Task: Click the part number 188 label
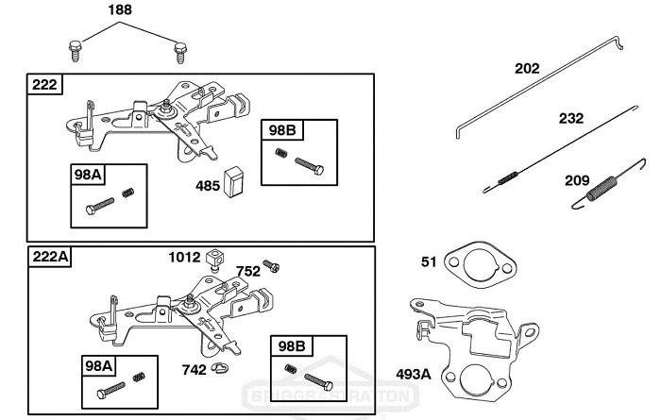[x=120, y=10]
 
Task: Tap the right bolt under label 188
[x=178, y=50]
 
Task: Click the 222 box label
[x=45, y=85]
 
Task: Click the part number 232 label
[x=571, y=119]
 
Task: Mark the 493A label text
[x=413, y=374]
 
